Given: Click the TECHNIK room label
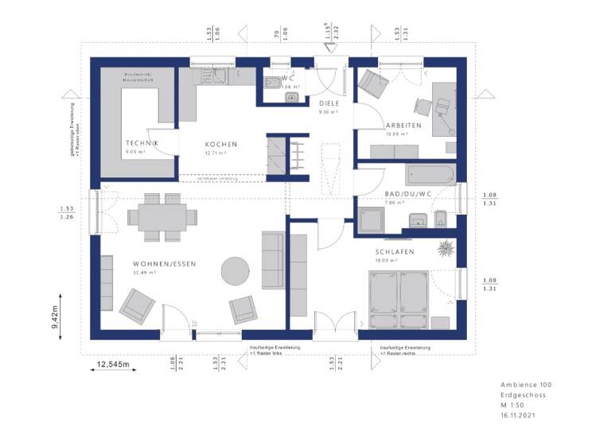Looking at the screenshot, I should pyautogui.click(x=142, y=143).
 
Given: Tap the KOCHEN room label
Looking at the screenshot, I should pyautogui.click(x=220, y=144).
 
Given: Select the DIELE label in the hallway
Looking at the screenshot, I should pyautogui.click(x=329, y=103).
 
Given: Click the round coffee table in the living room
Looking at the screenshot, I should pyautogui.click(x=235, y=269).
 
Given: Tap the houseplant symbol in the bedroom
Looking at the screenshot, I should pyautogui.click(x=445, y=249).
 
